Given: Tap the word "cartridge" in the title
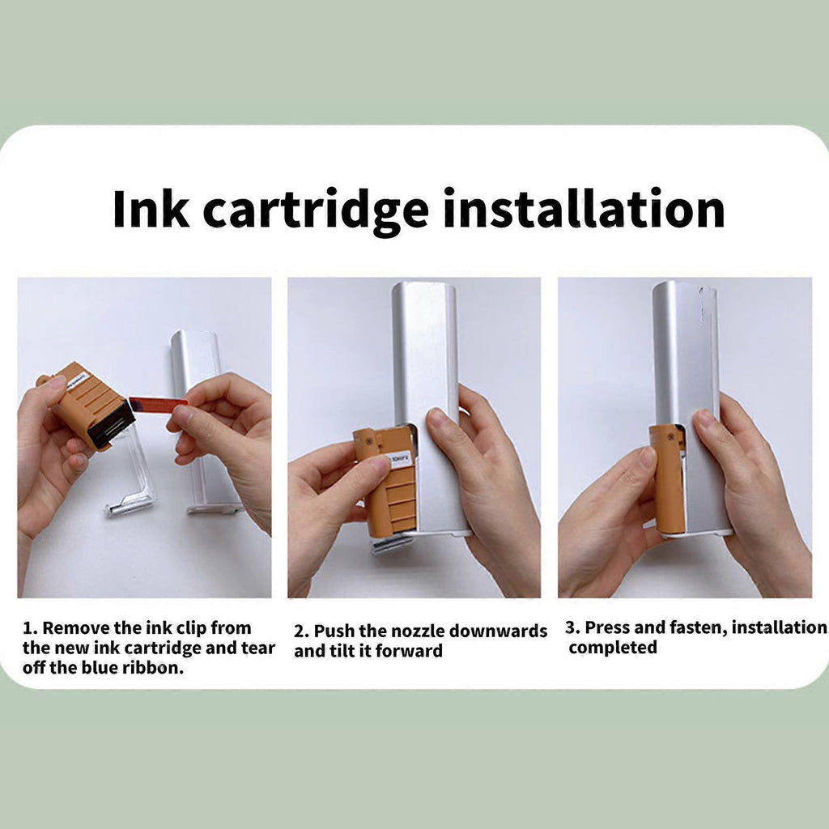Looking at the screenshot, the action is pos(316,211).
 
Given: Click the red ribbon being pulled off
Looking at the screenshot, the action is pos(158,404).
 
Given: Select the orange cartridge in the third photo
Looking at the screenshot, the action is pos(667,478).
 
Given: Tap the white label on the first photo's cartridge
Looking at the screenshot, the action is pos(77,380).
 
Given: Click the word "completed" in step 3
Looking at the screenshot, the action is pos(613,648).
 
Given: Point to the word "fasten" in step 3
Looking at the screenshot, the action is pos(698,627).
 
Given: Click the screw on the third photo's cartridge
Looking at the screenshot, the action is pos(671,437).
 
